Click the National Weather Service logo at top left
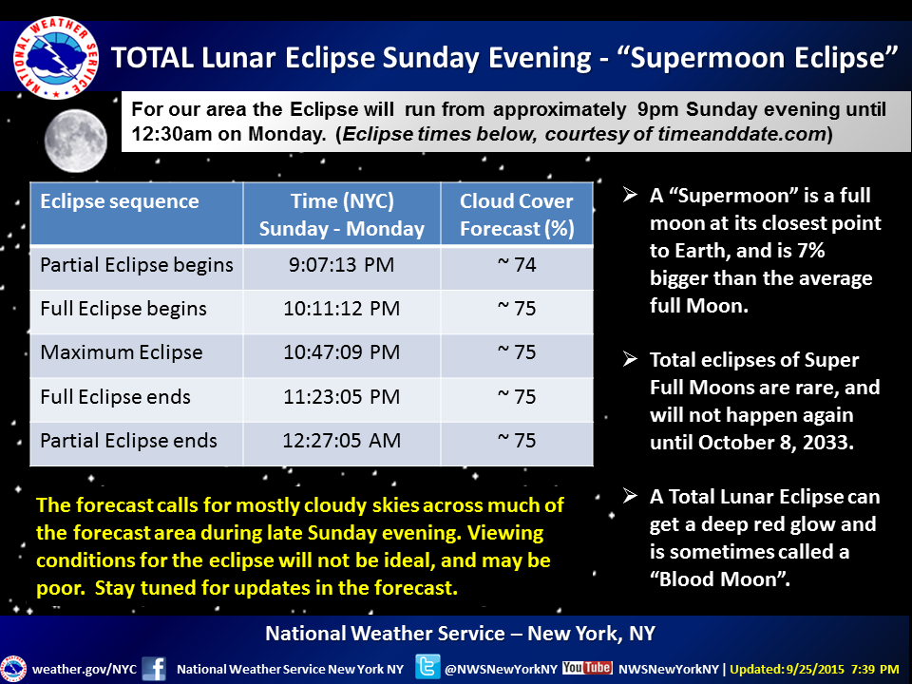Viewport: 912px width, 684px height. (56, 58)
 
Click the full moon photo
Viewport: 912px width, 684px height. (76, 142)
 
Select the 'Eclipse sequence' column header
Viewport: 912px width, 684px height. (120, 201)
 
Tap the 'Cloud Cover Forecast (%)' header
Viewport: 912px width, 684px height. (517, 215)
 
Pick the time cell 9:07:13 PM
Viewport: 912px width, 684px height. (341, 265)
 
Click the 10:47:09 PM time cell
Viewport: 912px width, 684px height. (341, 352)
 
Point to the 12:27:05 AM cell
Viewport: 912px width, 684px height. (341, 440)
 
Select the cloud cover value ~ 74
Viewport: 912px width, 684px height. (517, 265)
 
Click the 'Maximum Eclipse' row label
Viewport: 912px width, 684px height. (121, 352)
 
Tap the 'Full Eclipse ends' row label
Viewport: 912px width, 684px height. (115, 397)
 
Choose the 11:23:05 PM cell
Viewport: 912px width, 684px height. (341, 397)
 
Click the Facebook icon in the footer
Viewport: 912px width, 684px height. (154, 668)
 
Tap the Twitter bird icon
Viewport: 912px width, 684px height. (427, 667)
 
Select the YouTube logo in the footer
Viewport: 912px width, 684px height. (587, 667)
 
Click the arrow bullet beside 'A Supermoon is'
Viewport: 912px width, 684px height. (630, 195)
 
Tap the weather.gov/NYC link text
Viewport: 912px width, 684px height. (85, 669)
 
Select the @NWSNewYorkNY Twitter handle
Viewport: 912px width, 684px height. (501, 669)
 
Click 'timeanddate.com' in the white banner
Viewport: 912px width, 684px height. (742, 134)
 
